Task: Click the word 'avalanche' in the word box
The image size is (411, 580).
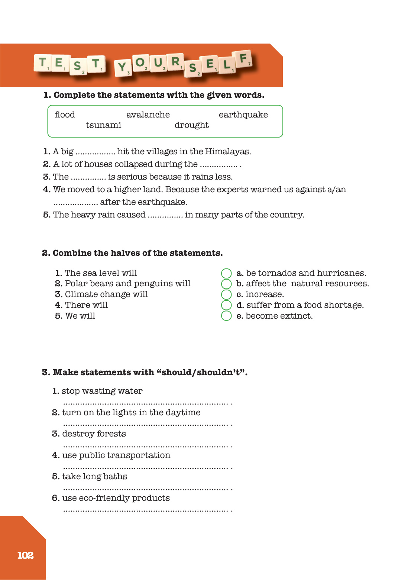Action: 148,115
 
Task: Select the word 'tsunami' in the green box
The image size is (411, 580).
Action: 103,125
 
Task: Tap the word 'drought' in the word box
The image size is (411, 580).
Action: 191,125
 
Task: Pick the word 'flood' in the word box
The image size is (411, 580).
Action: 65,115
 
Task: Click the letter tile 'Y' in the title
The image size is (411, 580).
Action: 122,68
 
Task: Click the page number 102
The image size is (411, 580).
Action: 25,555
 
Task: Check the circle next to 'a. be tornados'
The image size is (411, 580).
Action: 226,274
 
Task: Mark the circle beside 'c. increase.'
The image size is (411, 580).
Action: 226,295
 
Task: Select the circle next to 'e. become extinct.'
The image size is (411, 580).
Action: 226,316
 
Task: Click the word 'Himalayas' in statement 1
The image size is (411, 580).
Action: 227,152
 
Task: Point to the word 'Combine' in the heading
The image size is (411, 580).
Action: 72,253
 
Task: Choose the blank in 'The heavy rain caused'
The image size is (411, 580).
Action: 165,216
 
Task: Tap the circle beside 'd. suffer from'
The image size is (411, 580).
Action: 226,305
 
